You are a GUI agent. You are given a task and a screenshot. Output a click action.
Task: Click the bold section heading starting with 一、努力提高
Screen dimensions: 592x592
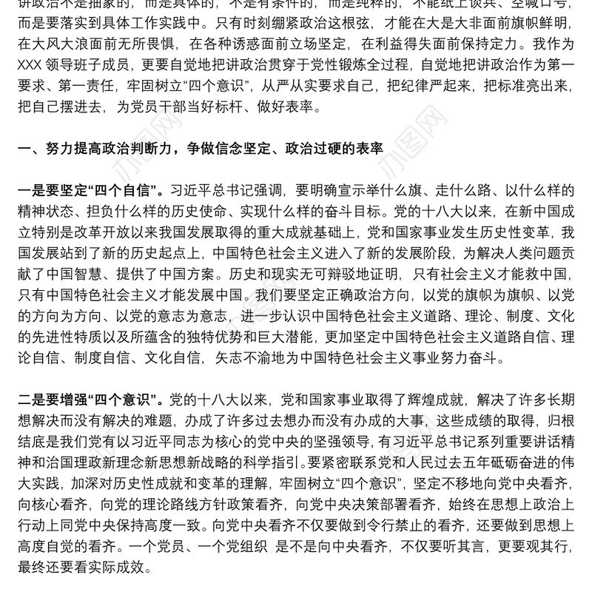pyautogui.click(x=199, y=148)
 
